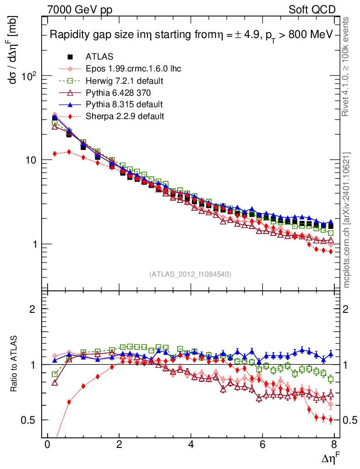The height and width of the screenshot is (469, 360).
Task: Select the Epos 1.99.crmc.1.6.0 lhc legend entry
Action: click(x=133, y=69)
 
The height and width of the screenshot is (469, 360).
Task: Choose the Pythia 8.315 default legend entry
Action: click(x=124, y=104)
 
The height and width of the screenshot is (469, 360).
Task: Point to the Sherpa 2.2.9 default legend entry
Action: click(x=125, y=116)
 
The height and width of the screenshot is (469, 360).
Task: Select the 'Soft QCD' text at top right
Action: click(x=312, y=9)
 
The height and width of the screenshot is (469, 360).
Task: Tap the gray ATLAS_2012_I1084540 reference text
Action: click(x=190, y=274)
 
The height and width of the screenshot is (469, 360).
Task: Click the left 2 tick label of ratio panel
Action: click(x=33, y=309)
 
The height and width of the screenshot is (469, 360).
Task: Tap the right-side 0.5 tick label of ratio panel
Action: click(x=350, y=420)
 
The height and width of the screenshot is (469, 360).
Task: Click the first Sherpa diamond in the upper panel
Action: click(x=55, y=154)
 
